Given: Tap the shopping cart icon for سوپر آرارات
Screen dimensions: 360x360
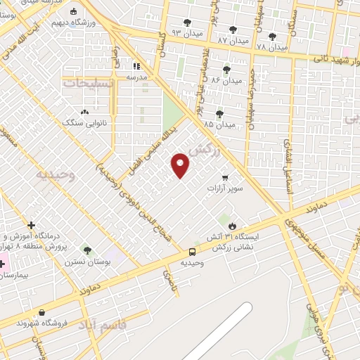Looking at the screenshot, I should [224, 178].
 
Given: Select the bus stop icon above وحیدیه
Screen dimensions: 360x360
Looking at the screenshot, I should [192, 252].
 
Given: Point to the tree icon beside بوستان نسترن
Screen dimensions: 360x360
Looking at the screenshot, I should [86, 250].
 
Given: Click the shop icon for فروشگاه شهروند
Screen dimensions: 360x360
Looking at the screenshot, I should [42, 312].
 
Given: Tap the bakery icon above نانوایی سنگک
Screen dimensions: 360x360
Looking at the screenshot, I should [84, 112].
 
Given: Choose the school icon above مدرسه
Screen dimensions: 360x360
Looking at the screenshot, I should [136, 65].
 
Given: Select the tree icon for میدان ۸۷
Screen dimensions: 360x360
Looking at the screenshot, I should [232, 30].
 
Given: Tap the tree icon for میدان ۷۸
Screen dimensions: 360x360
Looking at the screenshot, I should [272, 36].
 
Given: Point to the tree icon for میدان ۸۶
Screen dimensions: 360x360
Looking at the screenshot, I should [226, 69].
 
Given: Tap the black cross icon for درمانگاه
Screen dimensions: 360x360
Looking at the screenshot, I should [31, 225].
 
